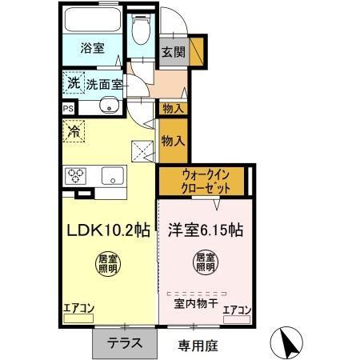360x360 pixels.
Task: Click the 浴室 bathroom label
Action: tap(92, 48)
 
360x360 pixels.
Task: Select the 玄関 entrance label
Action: tap(172, 53)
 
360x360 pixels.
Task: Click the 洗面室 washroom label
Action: tap(103, 82)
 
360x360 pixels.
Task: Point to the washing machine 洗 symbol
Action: tap(73, 82)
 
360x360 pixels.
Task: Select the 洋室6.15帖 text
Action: tap(205, 230)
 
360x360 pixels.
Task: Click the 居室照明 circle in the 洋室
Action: tap(205, 264)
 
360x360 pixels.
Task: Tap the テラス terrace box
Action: tap(125, 344)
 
